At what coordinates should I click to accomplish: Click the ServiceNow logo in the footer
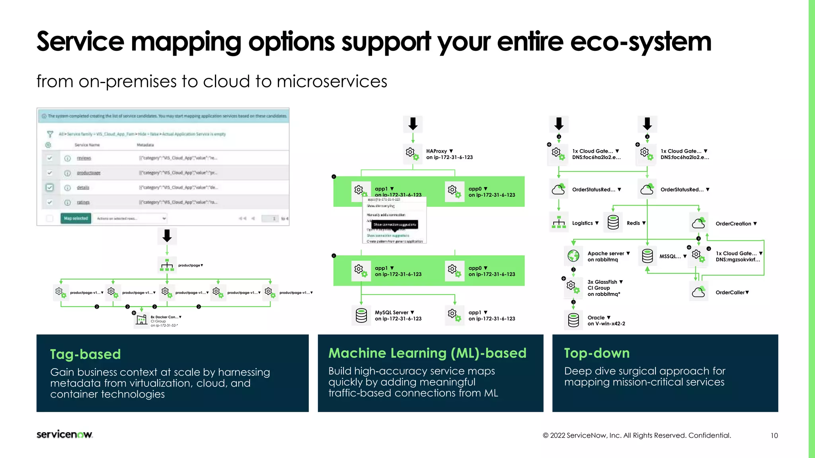pyautogui.click(x=64, y=434)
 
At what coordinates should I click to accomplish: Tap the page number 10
pyautogui.click(x=774, y=435)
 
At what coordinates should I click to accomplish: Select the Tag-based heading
pyautogui.click(x=85, y=354)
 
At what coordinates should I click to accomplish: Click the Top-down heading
pyautogui.click(x=597, y=353)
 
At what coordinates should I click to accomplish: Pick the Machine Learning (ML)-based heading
pyautogui.click(x=427, y=353)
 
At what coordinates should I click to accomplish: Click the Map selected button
pyautogui.click(x=76, y=218)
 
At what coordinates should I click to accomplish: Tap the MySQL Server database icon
pyautogui.click(x=361, y=315)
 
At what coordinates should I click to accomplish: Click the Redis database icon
pyautogui.click(x=613, y=223)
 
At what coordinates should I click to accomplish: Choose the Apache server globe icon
pyautogui.click(x=573, y=256)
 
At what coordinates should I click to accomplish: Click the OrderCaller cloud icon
pyautogui.click(x=698, y=292)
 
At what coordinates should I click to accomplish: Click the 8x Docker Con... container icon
pyautogui.click(x=141, y=320)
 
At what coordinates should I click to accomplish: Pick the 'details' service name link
pyautogui.click(x=83, y=188)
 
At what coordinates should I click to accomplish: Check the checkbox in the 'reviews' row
pyautogui.click(x=50, y=158)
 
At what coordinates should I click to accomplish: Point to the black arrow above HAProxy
pyautogui.click(x=413, y=124)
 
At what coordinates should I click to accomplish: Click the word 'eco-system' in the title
pyautogui.click(x=641, y=41)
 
